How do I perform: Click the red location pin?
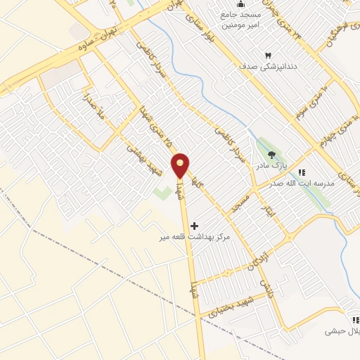[181, 166]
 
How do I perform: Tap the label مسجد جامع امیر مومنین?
[241, 19]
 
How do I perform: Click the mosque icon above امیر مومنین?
[241, 4]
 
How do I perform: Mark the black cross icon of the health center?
[194, 226]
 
